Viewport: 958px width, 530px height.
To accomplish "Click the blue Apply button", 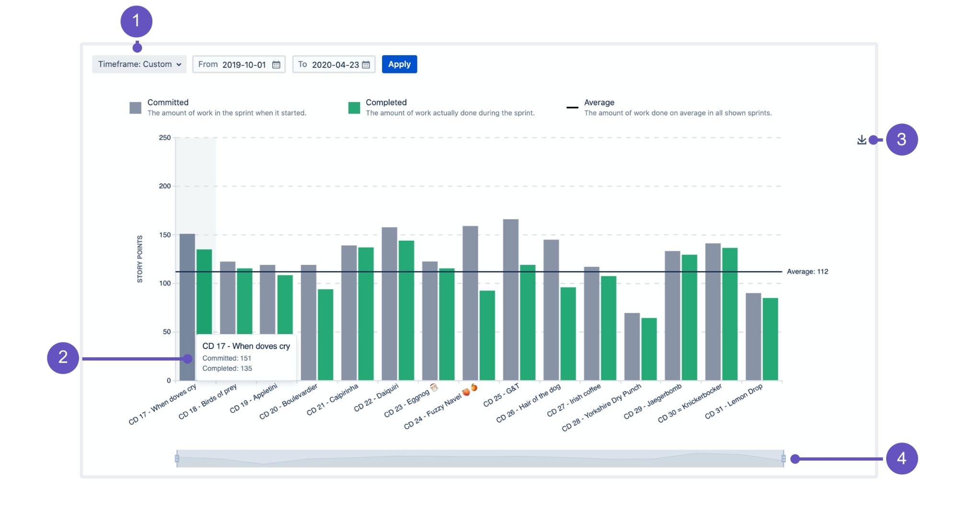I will [399, 64].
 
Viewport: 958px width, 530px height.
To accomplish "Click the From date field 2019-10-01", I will [239, 65].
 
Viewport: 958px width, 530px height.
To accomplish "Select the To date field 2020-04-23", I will [334, 65].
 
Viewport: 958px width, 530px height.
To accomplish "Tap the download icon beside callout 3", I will [861, 140].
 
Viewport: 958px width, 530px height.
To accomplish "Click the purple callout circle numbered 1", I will [137, 22].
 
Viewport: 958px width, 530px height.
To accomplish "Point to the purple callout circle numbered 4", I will [901, 458].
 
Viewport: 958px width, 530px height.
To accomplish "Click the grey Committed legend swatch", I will [136, 108].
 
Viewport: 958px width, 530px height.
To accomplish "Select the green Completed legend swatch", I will [354, 108].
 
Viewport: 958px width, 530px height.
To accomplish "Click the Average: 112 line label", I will [807, 271].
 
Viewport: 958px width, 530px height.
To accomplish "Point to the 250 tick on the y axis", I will [165, 138].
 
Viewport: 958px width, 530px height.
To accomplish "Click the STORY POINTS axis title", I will [140, 259].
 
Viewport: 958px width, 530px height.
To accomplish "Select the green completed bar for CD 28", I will [649, 350].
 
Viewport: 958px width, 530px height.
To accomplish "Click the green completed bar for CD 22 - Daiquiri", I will [406, 311].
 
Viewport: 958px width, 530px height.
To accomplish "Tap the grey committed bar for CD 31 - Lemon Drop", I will [753, 338].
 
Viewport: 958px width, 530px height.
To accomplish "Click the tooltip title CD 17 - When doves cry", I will [246, 346].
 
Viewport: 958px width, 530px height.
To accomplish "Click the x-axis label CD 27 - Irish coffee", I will [574, 400].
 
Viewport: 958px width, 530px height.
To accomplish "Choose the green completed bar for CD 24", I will [487, 335].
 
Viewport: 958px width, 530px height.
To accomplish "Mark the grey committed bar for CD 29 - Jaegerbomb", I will [672, 316].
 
